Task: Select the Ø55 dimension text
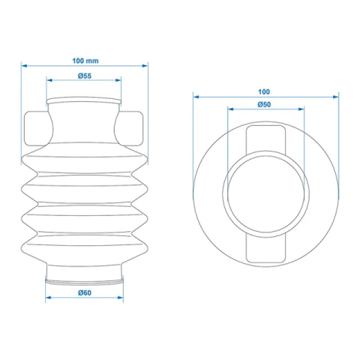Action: coord(83,76)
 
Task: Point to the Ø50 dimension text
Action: coord(264,104)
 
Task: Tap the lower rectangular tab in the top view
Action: coord(265,244)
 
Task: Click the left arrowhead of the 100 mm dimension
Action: coord(24,65)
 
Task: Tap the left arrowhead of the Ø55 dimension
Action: coord(49,81)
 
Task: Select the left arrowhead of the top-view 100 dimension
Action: coord(196,94)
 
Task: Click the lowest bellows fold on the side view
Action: coord(83,244)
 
